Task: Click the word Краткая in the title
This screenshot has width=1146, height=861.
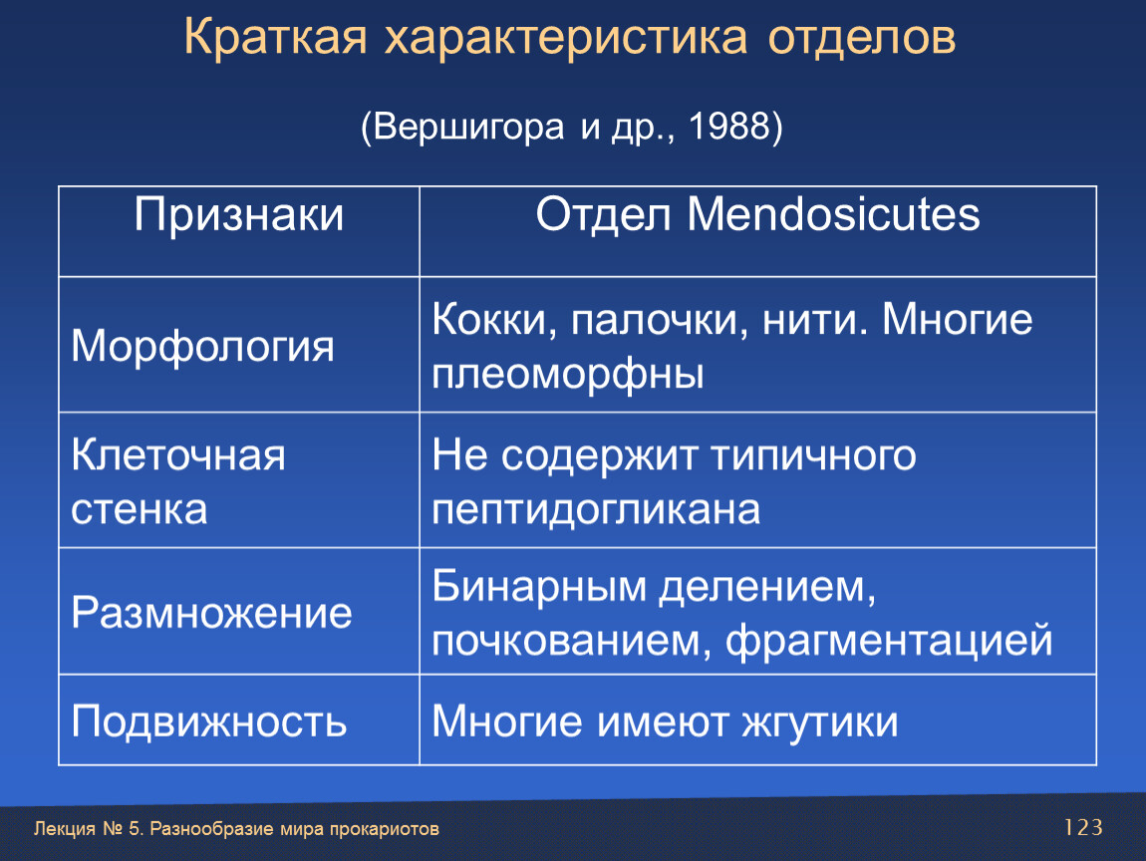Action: (275, 37)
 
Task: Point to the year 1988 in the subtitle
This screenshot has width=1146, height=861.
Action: (730, 127)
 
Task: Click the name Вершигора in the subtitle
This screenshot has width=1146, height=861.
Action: (468, 128)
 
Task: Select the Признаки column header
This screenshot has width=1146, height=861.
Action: (238, 215)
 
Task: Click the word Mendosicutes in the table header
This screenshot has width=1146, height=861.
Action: (833, 215)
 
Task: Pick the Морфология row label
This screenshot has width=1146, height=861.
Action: (202, 346)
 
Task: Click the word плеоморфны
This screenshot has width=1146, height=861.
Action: (568, 375)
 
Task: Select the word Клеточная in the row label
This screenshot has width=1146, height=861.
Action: (178, 454)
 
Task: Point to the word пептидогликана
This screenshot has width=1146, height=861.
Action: (596, 510)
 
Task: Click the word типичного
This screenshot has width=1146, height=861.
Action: (813, 454)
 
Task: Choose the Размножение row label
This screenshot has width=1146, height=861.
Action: (211, 613)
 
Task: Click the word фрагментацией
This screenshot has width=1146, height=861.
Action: (889, 641)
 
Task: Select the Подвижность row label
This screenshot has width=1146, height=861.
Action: (209, 722)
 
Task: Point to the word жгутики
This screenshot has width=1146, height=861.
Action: (820, 722)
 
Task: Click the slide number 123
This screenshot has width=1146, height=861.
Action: (1083, 827)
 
